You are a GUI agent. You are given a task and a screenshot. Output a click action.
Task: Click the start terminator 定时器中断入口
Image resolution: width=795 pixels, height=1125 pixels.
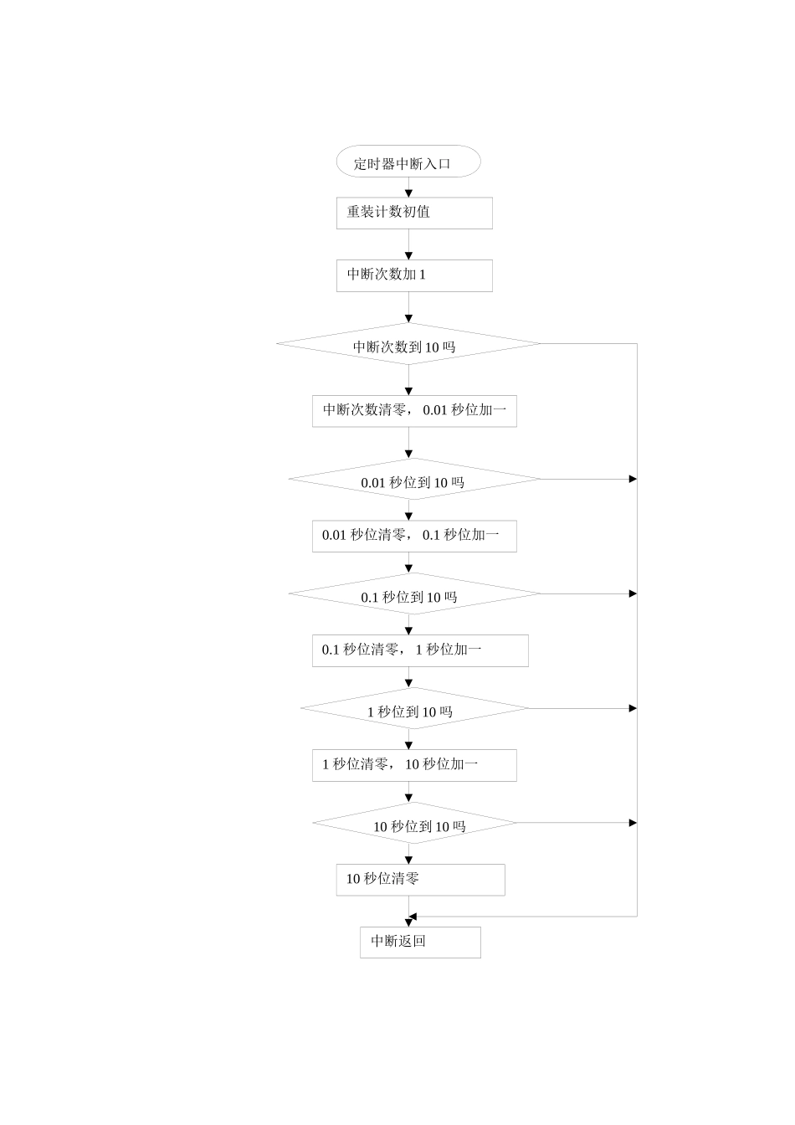coord(408,162)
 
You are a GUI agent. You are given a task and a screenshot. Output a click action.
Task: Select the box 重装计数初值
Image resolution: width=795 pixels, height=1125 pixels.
coord(414,213)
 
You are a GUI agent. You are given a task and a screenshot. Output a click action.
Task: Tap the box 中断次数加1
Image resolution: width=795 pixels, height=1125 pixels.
coord(414,275)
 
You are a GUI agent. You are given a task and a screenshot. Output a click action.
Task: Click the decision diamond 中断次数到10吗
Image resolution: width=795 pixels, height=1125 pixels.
coord(408,344)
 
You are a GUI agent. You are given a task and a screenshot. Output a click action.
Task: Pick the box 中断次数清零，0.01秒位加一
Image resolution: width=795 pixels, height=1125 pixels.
coord(414,411)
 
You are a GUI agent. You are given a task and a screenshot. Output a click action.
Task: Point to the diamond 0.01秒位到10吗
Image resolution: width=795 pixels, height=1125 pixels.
coord(414,480)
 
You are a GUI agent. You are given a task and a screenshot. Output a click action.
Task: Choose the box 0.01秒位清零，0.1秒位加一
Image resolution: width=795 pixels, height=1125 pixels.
coord(414,536)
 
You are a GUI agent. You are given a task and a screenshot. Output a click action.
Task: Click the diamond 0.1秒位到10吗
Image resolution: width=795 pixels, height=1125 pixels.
coord(414,594)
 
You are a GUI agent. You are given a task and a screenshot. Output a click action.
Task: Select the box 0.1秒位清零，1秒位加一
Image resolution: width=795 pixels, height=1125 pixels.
coord(420,650)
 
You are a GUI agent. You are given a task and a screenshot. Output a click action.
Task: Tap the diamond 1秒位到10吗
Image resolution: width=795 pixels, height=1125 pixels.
coord(414,709)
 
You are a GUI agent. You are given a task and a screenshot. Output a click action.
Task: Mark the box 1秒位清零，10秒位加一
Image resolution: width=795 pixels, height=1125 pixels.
coord(414,765)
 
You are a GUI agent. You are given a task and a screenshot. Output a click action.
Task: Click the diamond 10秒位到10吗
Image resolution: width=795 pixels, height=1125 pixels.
coord(414,824)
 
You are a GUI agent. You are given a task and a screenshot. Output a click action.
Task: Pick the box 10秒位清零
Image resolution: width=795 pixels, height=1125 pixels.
coord(420,880)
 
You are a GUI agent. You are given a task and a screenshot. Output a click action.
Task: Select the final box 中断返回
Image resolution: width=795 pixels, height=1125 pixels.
coord(420,942)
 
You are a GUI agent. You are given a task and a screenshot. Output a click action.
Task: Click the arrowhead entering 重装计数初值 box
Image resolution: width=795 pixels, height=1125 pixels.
coord(409,193)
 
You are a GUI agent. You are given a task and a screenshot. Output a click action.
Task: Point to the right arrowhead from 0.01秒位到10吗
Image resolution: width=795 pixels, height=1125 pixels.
coord(633,479)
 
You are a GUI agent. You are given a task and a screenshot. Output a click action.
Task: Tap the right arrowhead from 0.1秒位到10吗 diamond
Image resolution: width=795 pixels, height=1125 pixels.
coord(633,593)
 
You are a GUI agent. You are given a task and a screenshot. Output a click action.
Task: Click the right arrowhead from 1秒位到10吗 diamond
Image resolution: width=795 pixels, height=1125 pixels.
coord(633,708)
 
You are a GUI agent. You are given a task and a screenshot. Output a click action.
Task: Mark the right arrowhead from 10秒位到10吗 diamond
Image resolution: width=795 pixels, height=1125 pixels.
coord(633,823)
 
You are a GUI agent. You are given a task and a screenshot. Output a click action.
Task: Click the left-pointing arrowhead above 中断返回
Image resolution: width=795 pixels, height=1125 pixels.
coord(413,917)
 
